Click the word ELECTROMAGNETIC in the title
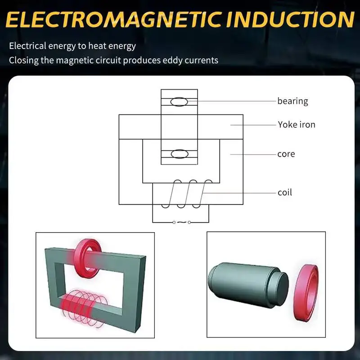click(112, 20)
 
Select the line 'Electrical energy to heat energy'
click(72, 46)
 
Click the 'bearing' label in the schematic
click(292, 101)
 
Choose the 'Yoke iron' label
click(296, 124)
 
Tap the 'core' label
click(286, 154)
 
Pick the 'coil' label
click(284, 193)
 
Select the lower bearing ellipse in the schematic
click(179, 154)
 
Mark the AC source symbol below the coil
click(181, 222)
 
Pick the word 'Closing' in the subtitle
click(23, 60)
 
